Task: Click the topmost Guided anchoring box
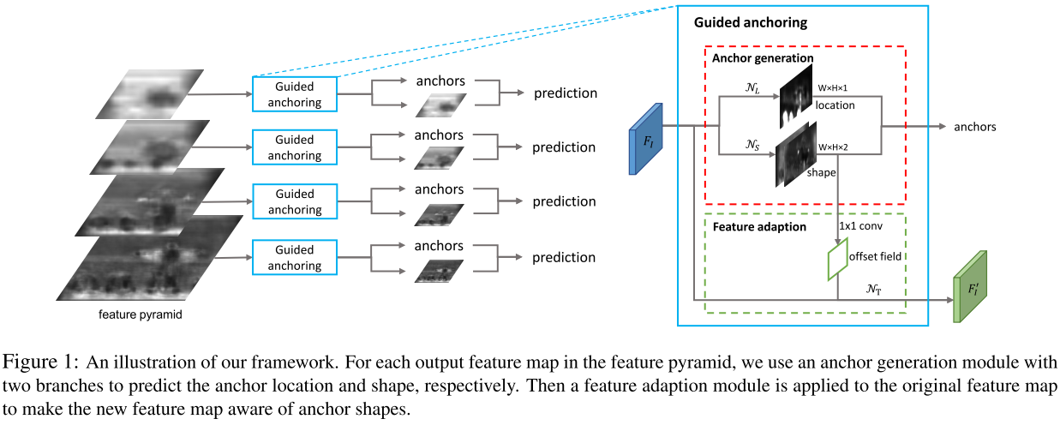point(295,94)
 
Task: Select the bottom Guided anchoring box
point(295,257)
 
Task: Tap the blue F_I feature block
point(646,138)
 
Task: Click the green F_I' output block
point(970,287)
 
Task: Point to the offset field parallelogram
point(835,255)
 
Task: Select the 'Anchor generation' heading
point(763,58)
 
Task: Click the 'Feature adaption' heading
point(759,227)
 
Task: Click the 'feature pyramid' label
point(141,314)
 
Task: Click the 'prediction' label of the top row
point(565,93)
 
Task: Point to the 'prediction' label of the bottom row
point(563,257)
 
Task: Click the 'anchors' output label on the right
point(974,127)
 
